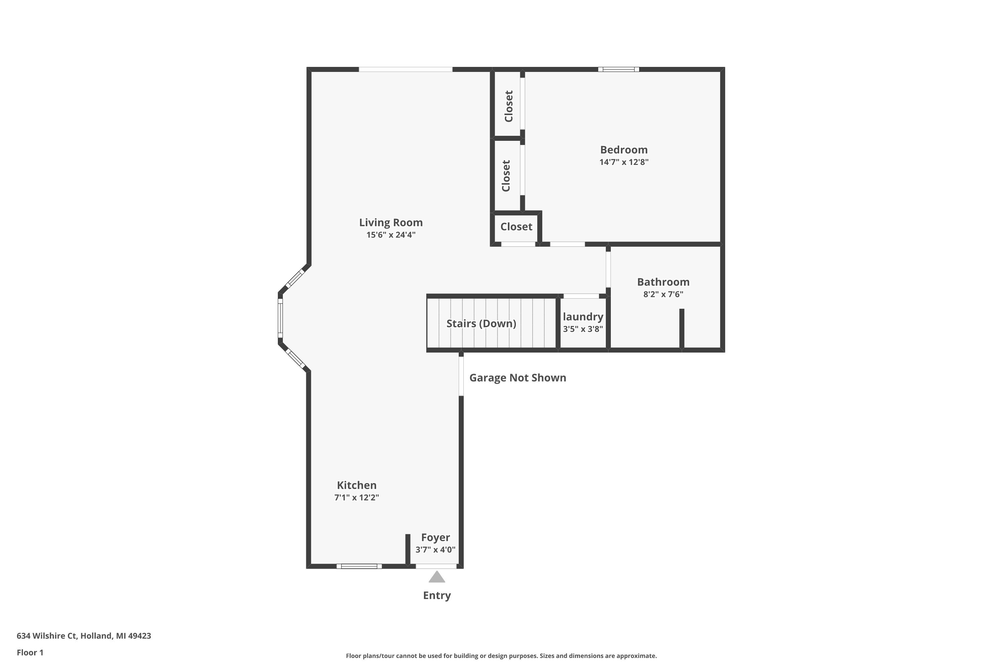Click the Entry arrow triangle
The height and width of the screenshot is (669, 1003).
[x=437, y=577]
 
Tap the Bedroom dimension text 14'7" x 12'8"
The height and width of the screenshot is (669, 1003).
[x=624, y=162]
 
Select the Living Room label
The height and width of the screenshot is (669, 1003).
[x=391, y=222]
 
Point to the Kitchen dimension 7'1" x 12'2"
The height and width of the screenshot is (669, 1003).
[x=356, y=497]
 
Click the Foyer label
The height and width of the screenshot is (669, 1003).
[x=435, y=538]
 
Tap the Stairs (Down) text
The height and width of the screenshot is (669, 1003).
[x=481, y=323]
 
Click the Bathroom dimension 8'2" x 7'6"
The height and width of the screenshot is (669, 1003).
[x=663, y=294]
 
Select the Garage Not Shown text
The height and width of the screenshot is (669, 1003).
[x=517, y=378]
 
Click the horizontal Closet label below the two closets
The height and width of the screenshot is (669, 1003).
[x=516, y=226]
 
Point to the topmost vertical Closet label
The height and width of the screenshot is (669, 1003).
[x=508, y=106]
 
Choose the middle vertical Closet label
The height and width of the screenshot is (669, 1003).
[x=506, y=176]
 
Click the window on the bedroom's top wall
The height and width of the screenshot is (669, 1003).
[x=618, y=69]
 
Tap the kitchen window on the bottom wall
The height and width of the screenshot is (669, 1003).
[x=359, y=566]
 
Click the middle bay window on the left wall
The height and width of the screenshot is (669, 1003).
[x=280, y=318]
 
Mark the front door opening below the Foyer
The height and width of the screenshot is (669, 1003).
[x=436, y=566]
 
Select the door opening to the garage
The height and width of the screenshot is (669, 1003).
[x=461, y=376]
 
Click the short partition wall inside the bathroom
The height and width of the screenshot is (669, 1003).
[x=681, y=328]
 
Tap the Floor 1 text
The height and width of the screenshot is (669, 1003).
[x=30, y=652]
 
